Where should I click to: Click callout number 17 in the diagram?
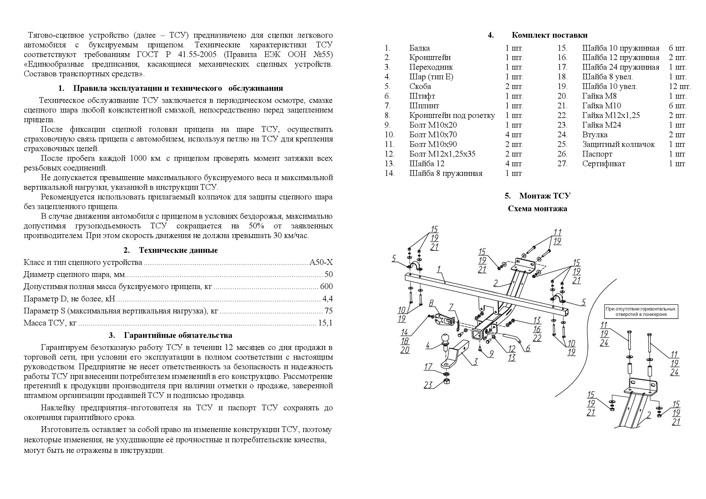coord(428,367)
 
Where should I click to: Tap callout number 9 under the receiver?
coord(491,354)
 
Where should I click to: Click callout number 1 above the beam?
coord(439,269)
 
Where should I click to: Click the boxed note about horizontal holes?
coord(640,311)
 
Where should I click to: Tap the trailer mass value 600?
coord(326,286)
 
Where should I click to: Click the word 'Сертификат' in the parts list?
coord(604,164)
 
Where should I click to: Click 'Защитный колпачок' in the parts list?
coord(618,144)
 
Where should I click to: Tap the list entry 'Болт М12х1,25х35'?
coord(442,154)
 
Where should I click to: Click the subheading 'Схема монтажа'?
coord(537,209)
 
